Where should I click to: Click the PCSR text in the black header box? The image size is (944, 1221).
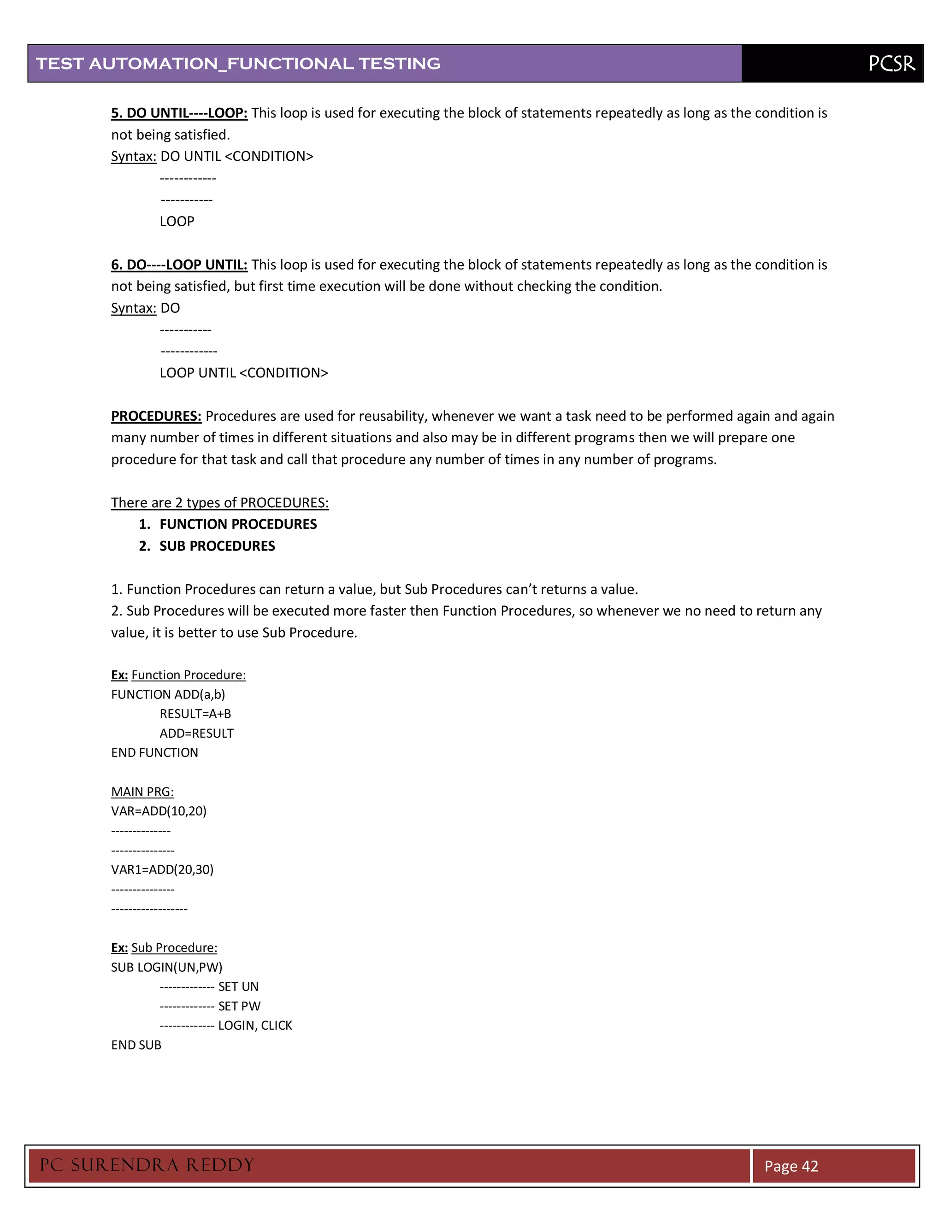(891, 64)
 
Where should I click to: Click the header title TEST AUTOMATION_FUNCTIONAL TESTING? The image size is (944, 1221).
(238, 64)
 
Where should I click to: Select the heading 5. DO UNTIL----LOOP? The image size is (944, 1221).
(179, 113)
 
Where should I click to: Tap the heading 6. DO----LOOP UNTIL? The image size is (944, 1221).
(179, 264)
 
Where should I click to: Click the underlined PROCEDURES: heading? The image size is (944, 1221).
(156, 416)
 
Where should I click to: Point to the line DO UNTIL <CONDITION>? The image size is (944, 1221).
(236, 157)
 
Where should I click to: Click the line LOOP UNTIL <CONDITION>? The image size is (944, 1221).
(244, 373)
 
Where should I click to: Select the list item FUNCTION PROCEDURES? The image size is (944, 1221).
(238, 524)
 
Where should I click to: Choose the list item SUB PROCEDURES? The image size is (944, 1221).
(217, 546)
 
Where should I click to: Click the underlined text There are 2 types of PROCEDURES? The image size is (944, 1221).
(220, 503)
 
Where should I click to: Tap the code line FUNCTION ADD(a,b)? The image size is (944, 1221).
(168, 694)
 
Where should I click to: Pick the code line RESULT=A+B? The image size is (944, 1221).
(195, 714)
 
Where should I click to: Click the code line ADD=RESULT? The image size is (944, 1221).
(196, 734)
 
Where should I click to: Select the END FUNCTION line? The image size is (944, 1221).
(154, 753)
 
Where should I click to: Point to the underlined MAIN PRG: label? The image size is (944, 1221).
(142, 792)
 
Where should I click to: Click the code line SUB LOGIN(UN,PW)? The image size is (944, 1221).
(167, 967)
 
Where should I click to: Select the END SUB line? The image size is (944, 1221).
(136, 1045)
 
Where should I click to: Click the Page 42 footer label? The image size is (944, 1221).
(791, 1166)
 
